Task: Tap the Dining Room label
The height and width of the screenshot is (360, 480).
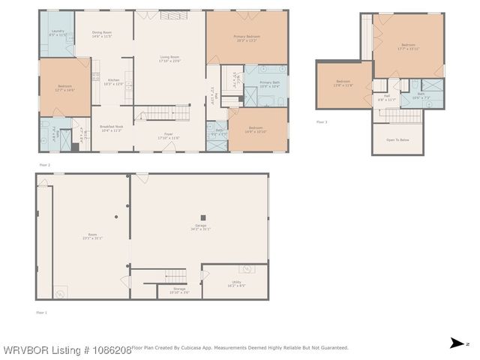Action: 101,32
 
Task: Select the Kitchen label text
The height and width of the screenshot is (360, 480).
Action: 113,82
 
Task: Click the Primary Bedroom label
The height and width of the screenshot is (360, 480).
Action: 247,37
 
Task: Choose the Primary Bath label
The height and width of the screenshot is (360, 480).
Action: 269,84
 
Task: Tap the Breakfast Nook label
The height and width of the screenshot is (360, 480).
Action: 112,129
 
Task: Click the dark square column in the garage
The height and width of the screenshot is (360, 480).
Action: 203,217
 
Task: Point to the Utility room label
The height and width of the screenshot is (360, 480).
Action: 236,283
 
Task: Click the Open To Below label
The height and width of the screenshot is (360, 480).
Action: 397,140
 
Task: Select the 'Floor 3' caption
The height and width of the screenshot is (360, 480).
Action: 322,121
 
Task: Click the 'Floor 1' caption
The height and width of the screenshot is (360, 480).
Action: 41,311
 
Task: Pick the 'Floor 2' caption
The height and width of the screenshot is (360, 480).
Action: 45,164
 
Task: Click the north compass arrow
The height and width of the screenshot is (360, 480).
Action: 456,343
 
